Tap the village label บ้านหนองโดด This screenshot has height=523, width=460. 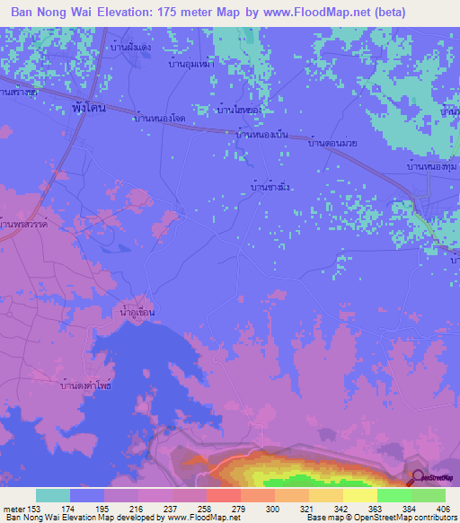click(x=160, y=118)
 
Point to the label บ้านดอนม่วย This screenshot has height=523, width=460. click(x=333, y=143)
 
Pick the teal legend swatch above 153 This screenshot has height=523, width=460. click(x=52, y=495)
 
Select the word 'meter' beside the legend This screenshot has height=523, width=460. click(x=13, y=509)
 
